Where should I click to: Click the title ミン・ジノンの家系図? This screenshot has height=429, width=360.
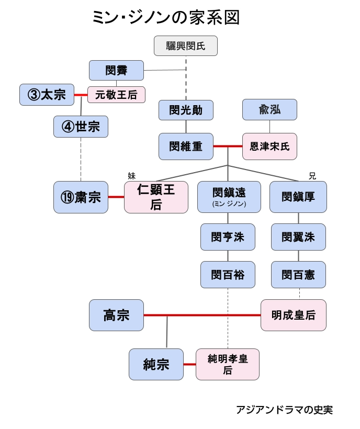click(x=165, y=18)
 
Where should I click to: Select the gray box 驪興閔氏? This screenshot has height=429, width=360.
click(x=186, y=46)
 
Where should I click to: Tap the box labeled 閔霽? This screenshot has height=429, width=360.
click(x=116, y=70)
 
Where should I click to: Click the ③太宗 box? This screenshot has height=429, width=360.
click(x=47, y=95)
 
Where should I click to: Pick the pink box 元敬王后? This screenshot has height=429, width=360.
click(x=116, y=95)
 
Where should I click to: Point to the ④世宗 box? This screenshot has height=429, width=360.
click(x=81, y=127)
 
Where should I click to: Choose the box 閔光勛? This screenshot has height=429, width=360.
click(x=186, y=110)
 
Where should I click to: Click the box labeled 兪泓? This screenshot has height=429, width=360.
click(x=269, y=110)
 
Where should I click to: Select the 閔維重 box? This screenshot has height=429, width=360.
click(x=186, y=146)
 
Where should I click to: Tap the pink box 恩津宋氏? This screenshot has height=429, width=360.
click(x=269, y=146)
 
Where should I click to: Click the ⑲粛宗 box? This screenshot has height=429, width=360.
click(x=81, y=197)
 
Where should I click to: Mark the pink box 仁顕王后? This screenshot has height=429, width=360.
click(x=156, y=197)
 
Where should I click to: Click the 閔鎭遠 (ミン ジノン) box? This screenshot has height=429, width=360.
click(x=229, y=197)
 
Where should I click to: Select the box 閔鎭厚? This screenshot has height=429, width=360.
click(x=298, y=197)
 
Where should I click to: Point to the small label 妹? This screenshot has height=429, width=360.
click(x=131, y=176)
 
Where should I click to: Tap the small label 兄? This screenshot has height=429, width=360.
click(x=312, y=176)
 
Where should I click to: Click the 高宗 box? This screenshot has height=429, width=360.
click(x=116, y=315)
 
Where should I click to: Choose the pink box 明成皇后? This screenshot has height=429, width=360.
click(x=294, y=315)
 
